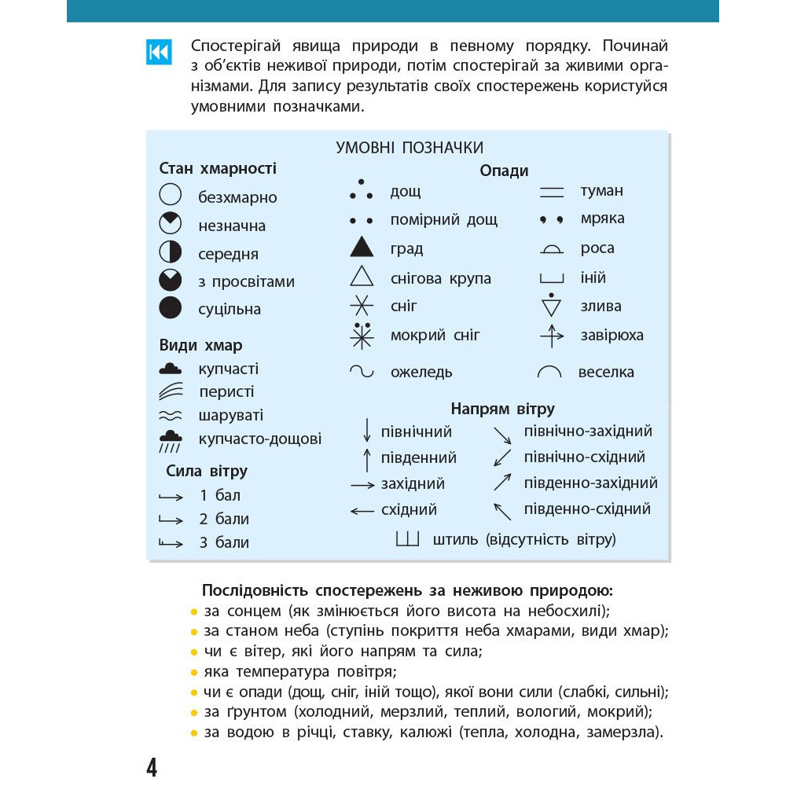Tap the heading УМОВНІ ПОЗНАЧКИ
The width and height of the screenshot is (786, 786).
coord(409,148)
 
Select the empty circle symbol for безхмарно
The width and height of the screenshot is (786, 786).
coord(170,195)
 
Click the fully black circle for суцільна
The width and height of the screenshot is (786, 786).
coord(170,307)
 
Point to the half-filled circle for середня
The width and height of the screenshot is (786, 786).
coord(170,252)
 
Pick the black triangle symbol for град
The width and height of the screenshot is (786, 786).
coord(362,248)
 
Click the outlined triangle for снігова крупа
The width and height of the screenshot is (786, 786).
coord(362,277)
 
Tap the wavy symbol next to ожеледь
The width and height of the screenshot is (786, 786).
coord(362,371)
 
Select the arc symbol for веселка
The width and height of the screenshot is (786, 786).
coord(549,372)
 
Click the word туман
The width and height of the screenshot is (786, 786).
coord(601,190)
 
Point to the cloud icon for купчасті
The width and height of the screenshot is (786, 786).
coord(171,368)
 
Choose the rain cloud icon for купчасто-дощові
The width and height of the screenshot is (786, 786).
coord(171,440)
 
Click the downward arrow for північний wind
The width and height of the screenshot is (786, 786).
coord(366,430)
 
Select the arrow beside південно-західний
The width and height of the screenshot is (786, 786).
coord(502,482)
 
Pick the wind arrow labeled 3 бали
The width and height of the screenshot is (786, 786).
coord(171,542)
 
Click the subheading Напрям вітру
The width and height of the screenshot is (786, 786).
coord(502,409)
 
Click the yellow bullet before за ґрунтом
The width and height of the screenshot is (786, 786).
coord(193,713)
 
